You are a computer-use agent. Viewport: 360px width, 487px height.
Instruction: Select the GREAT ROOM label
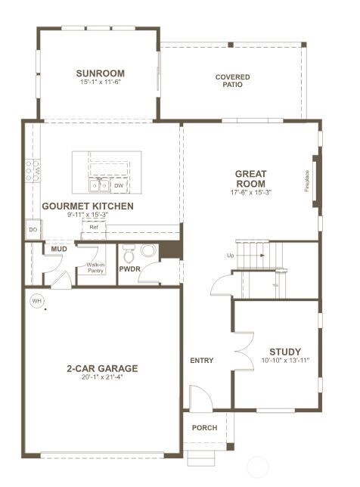[250, 178]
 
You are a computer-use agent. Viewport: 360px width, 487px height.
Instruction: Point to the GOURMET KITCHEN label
[88, 206]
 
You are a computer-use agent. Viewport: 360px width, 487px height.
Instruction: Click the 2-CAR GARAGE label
[101, 369]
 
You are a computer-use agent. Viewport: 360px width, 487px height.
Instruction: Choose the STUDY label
[284, 352]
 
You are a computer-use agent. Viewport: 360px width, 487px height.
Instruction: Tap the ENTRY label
[201, 361]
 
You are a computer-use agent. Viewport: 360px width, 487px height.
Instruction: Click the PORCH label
[204, 428]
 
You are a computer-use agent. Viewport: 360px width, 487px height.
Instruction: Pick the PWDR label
[131, 268]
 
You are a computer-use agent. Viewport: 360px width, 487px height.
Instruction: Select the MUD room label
[59, 249]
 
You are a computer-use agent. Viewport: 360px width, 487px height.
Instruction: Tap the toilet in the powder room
[147, 251]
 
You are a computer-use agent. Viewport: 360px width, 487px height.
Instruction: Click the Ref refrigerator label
[94, 227]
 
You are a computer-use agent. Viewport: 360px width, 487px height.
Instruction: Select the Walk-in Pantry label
[95, 267]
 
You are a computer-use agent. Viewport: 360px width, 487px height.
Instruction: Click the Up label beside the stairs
[230, 256]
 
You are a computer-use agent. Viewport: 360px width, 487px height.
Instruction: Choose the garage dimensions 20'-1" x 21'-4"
[101, 378]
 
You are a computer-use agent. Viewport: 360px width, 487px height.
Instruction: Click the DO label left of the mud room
[33, 229]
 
